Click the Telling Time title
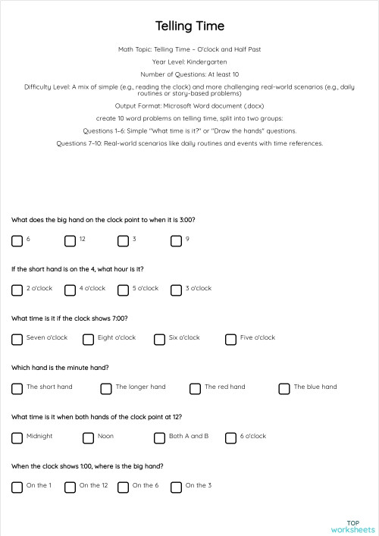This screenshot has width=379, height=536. point(189,27)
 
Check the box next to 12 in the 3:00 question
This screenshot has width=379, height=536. point(70,241)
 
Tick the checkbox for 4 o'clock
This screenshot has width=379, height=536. point(70,290)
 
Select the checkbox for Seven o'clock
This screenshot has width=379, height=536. point(17,339)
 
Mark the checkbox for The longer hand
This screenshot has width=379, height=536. point(106,388)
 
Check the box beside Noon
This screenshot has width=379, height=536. point(88,437)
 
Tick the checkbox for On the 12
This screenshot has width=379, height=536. point(70,487)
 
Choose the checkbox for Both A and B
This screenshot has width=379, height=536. point(159,437)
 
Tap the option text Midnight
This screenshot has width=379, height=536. point(39,436)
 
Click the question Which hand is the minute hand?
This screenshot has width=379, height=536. point(60,367)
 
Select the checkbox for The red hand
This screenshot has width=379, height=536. point(195,388)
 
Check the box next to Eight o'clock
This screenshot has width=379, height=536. point(88,339)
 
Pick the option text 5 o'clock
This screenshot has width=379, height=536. point(146,288)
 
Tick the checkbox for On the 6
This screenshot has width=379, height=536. point(123,487)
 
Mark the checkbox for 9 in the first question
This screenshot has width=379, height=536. point(176,241)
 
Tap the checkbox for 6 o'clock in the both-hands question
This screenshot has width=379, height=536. point(230,437)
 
